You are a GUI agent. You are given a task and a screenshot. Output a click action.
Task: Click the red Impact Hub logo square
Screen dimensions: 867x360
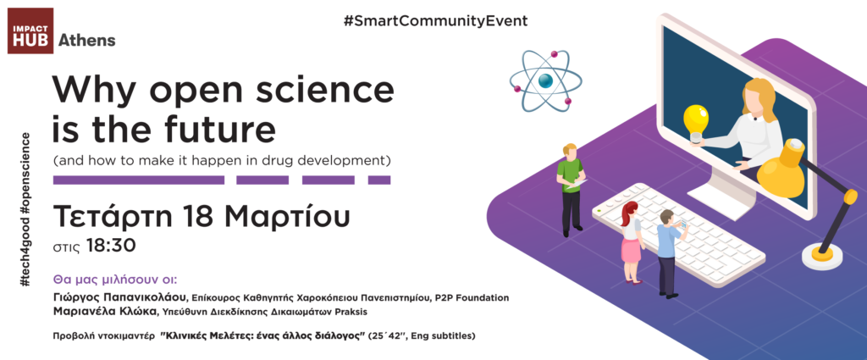[x=30, y=31]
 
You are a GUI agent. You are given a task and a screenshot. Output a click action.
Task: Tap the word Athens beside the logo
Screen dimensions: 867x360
[x=87, y=41]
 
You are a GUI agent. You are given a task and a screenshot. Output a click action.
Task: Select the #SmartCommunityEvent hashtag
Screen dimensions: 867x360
[x=435, y=21]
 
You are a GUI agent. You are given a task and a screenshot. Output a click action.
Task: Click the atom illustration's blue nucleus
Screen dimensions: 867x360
[x=546, y=80]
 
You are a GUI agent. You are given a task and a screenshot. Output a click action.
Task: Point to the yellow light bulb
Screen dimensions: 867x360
[x=696, y=123]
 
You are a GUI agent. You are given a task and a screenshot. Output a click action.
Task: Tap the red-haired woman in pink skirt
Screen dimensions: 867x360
[x=631, y=241]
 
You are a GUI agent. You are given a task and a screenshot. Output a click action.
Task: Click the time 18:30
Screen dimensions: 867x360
[x=111, y=246]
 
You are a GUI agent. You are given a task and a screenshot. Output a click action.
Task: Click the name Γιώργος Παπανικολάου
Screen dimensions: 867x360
[x=120, y=298]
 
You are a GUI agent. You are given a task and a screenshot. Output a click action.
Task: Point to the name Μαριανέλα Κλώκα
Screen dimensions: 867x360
[x=105, y=312]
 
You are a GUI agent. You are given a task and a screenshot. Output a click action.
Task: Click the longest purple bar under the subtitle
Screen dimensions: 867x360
[x=139, y=180]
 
